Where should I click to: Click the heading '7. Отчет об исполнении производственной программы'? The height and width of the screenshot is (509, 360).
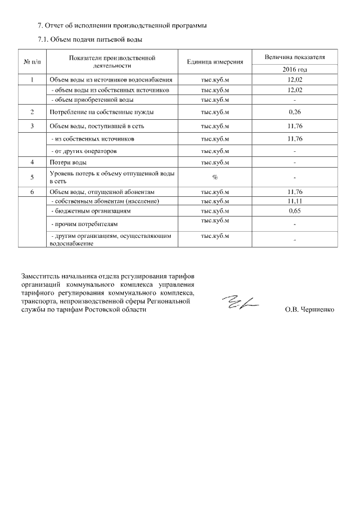[121, 26]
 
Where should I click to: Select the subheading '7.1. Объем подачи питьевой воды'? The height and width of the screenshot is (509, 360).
[90, 40]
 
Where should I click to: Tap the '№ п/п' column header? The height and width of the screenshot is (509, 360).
[33, 61]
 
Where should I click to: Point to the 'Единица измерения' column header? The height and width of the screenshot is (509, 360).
[215, 61]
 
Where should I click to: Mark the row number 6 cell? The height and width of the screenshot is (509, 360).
[33, 192]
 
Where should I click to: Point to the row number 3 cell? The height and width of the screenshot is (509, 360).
[33, 125]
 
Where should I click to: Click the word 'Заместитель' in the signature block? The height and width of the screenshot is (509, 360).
[42, 276]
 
